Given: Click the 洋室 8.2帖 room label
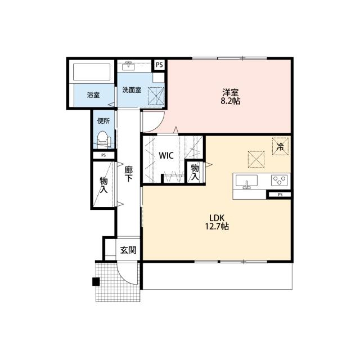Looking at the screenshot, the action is tap(231, 96).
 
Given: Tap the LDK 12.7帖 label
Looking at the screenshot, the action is tap(217, 222).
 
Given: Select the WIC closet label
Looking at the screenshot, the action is tap(166, 156).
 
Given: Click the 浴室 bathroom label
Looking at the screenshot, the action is tap(93, 95).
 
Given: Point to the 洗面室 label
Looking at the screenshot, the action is tap(132, 90).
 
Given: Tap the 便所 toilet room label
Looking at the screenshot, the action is tap(103, 121).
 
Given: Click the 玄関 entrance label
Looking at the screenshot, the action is tap(128, 250).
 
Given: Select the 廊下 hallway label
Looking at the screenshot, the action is tap(128, 174).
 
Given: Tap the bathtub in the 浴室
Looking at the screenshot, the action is tap(92, 72).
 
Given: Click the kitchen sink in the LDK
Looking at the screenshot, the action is tap(246, 181).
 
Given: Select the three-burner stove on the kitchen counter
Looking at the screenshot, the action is tap(279, 180).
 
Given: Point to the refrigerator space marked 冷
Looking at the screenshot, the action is tap(280, 146).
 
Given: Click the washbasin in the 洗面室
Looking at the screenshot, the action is tap(128, 66).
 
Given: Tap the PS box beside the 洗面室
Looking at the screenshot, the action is tap(159, 65).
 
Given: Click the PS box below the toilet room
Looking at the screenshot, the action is tap(103, 155).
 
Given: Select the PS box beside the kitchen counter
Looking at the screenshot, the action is tap(280, 195).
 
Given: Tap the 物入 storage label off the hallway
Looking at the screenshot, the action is tap(103, 185).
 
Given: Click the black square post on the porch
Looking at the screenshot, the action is tap(96, 282).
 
